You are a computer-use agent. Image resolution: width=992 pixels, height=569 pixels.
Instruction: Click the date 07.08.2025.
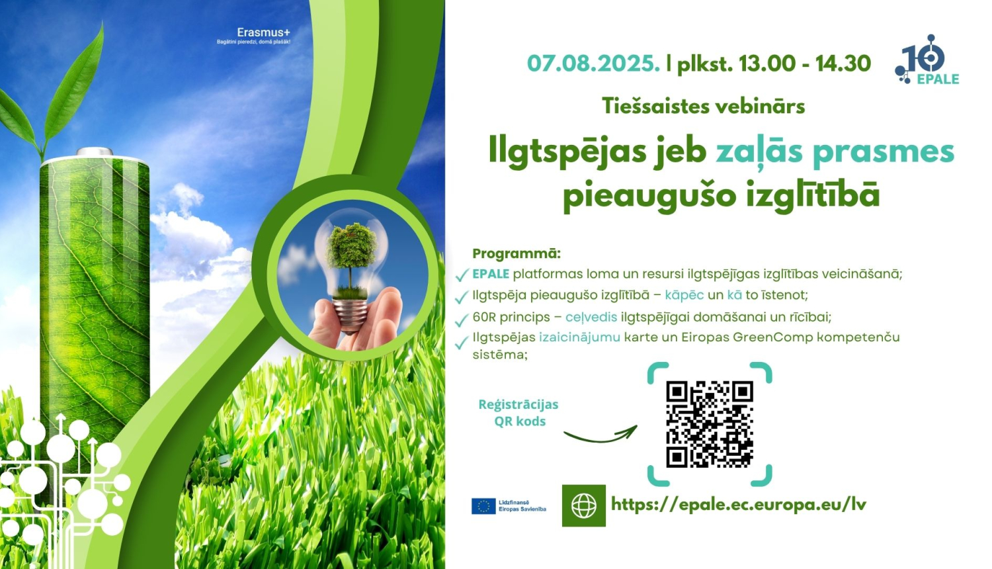593,64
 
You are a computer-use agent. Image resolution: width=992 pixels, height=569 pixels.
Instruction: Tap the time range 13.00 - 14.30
804,64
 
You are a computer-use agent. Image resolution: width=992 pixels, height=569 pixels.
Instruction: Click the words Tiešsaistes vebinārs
703,106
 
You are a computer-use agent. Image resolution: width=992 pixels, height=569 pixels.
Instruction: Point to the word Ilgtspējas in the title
564,152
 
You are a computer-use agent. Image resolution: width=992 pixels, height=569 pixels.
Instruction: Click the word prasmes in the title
884,151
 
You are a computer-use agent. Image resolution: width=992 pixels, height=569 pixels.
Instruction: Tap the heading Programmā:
517,253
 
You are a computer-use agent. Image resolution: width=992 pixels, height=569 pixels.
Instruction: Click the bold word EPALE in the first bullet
491,274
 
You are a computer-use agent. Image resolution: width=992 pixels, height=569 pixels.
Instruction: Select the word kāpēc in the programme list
684,295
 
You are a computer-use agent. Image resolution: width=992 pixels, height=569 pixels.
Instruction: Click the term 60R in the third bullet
485,317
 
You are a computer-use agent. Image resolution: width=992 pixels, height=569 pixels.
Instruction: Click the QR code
709,424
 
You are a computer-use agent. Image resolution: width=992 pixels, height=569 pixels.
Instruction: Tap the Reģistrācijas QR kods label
518,413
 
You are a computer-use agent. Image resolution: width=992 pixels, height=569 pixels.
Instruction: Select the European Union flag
483,506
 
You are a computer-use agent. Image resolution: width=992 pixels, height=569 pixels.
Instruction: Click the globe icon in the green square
583,506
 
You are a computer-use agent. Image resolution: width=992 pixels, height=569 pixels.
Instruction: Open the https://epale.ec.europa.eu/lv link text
738,505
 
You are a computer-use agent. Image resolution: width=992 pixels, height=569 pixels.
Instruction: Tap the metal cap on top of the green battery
95,153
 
